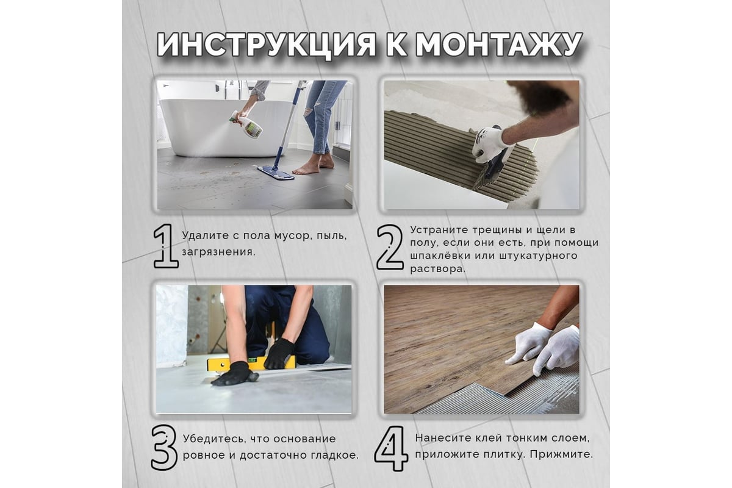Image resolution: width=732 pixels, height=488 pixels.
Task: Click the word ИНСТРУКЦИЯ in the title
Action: coord(267,45)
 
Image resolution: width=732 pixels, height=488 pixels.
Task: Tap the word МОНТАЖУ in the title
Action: coord(499,45)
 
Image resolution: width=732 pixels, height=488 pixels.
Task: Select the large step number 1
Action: coord(165,246)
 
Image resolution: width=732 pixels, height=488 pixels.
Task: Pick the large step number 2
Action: coord(390,247)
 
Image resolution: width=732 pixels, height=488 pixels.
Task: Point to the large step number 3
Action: coord(164,447)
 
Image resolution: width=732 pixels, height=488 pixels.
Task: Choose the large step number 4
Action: coord(391,448)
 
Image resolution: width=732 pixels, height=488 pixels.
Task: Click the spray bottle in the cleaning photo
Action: coord(246,124)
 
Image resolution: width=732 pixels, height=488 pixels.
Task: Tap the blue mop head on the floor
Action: coord(276,173)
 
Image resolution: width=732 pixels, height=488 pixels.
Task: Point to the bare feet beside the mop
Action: coord(314,165)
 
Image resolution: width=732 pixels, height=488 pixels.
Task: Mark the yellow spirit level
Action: coord(251,364)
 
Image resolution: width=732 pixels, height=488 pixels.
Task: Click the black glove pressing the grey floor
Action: coord(234,375)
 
